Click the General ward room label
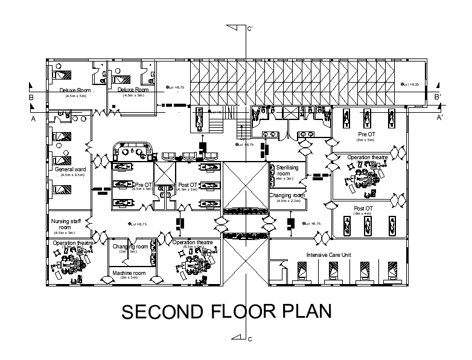click(x=71, y=170)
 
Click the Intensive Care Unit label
click(x=330, y=255)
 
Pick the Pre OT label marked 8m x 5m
click(x=366, y=134)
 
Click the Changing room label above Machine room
click(x=130, y=247)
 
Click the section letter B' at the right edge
click(x=438, y=96)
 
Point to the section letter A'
click(x=440, y=118)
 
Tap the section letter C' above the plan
click(x=250, y=28)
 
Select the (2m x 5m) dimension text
click(x=129, y=278)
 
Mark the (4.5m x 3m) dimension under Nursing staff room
click(x=64, y=233)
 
